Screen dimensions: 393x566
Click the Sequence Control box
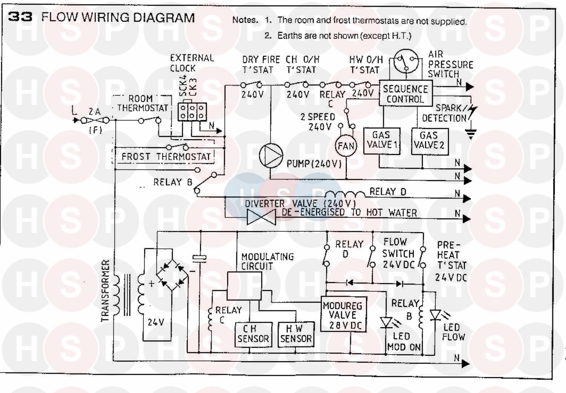[x=405, y=94]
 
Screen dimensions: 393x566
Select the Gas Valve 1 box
[x=381, y=141]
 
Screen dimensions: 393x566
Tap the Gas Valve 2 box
[x=429, y=141]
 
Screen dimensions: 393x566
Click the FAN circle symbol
[x=346, y=146]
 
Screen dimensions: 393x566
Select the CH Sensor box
[x=252, y=334]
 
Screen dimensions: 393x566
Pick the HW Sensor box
[x=296, y=334]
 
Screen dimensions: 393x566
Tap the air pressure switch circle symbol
[x=406, y=61]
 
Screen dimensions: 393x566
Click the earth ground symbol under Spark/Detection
[x=471, y=133]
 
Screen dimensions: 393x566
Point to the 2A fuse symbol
[x=95, y=120]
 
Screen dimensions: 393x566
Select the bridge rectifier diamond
[x=172, y=274]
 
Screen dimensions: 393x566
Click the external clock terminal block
[x=192, y=112]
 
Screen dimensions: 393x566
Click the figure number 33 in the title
[x=20, y=17]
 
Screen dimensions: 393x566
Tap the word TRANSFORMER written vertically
[x=106, y=291]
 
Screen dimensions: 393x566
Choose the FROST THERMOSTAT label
[x=166, y=156]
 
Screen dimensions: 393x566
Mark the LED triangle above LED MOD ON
[x=386, y=323]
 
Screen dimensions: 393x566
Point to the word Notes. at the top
[x=245, y=20]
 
